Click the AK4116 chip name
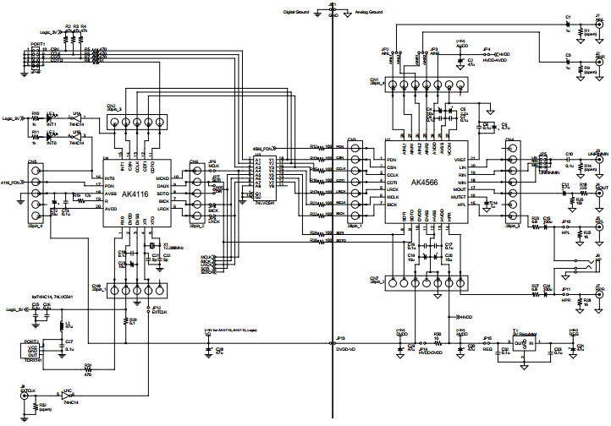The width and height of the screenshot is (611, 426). tap(134, 194)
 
